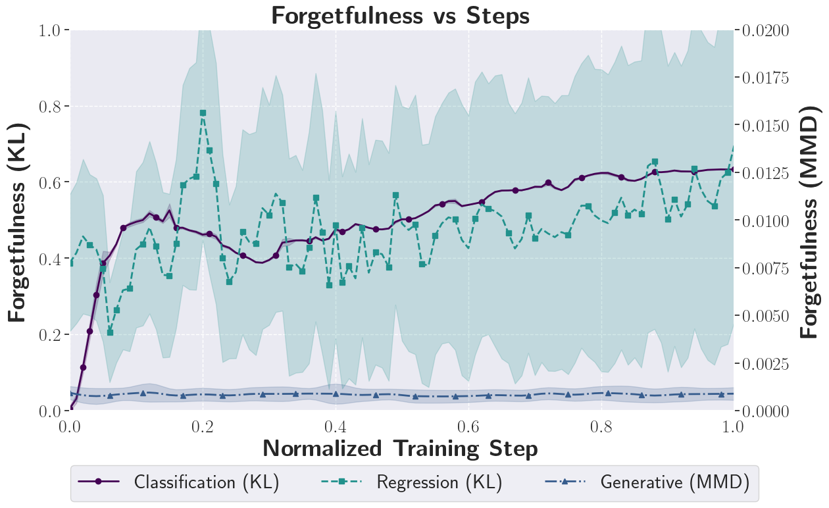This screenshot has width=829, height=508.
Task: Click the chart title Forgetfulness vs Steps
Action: tap(400, 15)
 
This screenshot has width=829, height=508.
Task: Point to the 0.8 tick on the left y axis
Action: tap(53, 107)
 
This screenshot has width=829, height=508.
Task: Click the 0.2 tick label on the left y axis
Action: tap(53, 335)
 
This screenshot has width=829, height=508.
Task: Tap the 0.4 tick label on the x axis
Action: tap(336, 426)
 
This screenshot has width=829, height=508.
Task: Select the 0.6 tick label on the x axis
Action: tap(469, 426)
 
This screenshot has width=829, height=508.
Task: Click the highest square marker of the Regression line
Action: tap(203, 113)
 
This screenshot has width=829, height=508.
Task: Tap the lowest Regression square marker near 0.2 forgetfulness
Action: tap(110, 332)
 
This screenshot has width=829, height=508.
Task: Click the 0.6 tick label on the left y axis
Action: tap(53, 182)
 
